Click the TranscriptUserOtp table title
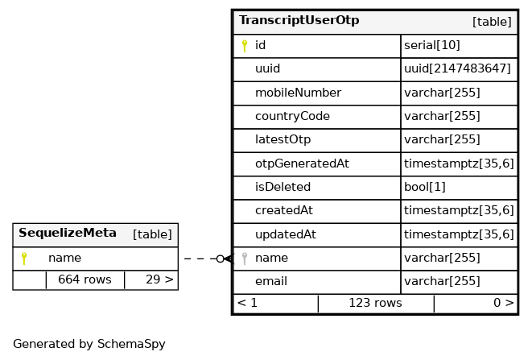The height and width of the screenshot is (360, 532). pyautogui.click(x=299, y=20)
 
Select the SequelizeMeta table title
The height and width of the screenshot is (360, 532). pyautogui.click(x=68, y=233)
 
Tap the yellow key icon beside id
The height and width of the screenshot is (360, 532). pyautogui.click(x=245, y=46)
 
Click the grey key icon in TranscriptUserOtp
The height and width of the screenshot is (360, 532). pyautogui.click(x=245, y=259)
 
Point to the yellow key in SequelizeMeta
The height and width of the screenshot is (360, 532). pyautogui.click(x=24, y=259)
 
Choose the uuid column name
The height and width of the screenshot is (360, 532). pyautogui.click(x=268, y=68)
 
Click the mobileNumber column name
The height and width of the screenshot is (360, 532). pyautogui.click(x=299, y=93)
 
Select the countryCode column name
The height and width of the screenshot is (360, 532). pyautogui.click(x=292, y=116)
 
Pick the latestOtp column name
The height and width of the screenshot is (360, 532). pyautogui.click(x=283, y=139)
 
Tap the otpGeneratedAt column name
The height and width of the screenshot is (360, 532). pyautogui.click(x=302, y=163)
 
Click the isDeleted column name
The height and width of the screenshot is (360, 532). pyautogui.click(x=283, y=187)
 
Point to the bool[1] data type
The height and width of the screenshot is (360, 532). pyautogui.click(x=425, y=187)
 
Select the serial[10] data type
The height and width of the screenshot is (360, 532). pyautogui.click(x=432, y=45)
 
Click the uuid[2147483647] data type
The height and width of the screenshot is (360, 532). pyautogui.click(x=457, y=68)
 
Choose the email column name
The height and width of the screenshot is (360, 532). pyautogui.click(x=271, y=281)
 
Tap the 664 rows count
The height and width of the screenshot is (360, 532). pyautogui.click(x=85, y=279)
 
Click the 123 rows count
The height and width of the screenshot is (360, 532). pyautogui.click(x=375, y=303)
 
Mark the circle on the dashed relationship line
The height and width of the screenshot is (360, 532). pyautogui.click(x=221, y=259)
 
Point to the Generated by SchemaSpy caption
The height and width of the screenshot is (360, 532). pyautogui.click(x=89, y=344)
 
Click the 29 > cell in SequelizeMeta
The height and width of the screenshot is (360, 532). pyautogui.click(x=159, y=279)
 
